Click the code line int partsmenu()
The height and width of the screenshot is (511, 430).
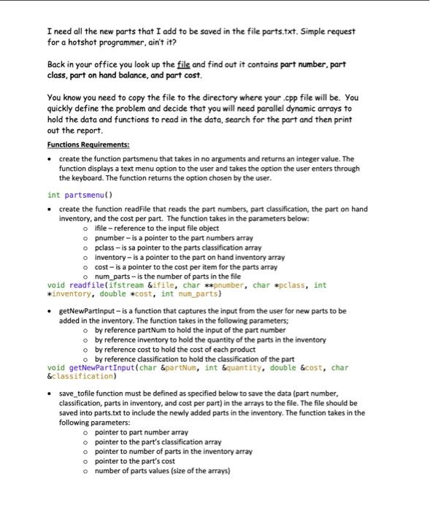pyautogui.click(x=77, y=195)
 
